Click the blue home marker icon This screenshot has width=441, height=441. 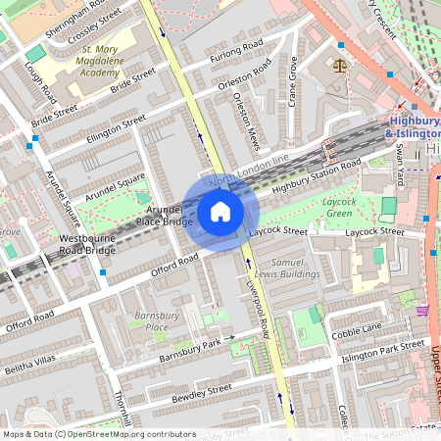point(220,212)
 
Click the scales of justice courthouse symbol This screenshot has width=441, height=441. point(340,67)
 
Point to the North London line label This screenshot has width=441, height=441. point(253,170)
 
